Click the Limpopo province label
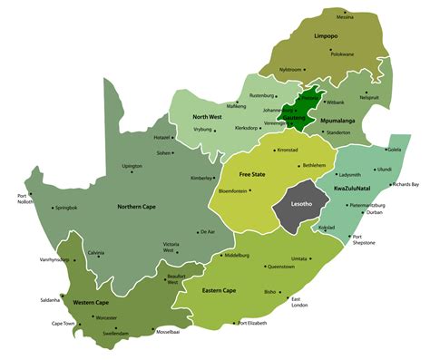tap(325, 37)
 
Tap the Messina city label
tap(345, 17)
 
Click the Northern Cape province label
tap(138, 207)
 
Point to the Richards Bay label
tap(404, 184)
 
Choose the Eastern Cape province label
tap(220, 290)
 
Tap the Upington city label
tap(132, 167)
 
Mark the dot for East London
tap(289, 299)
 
